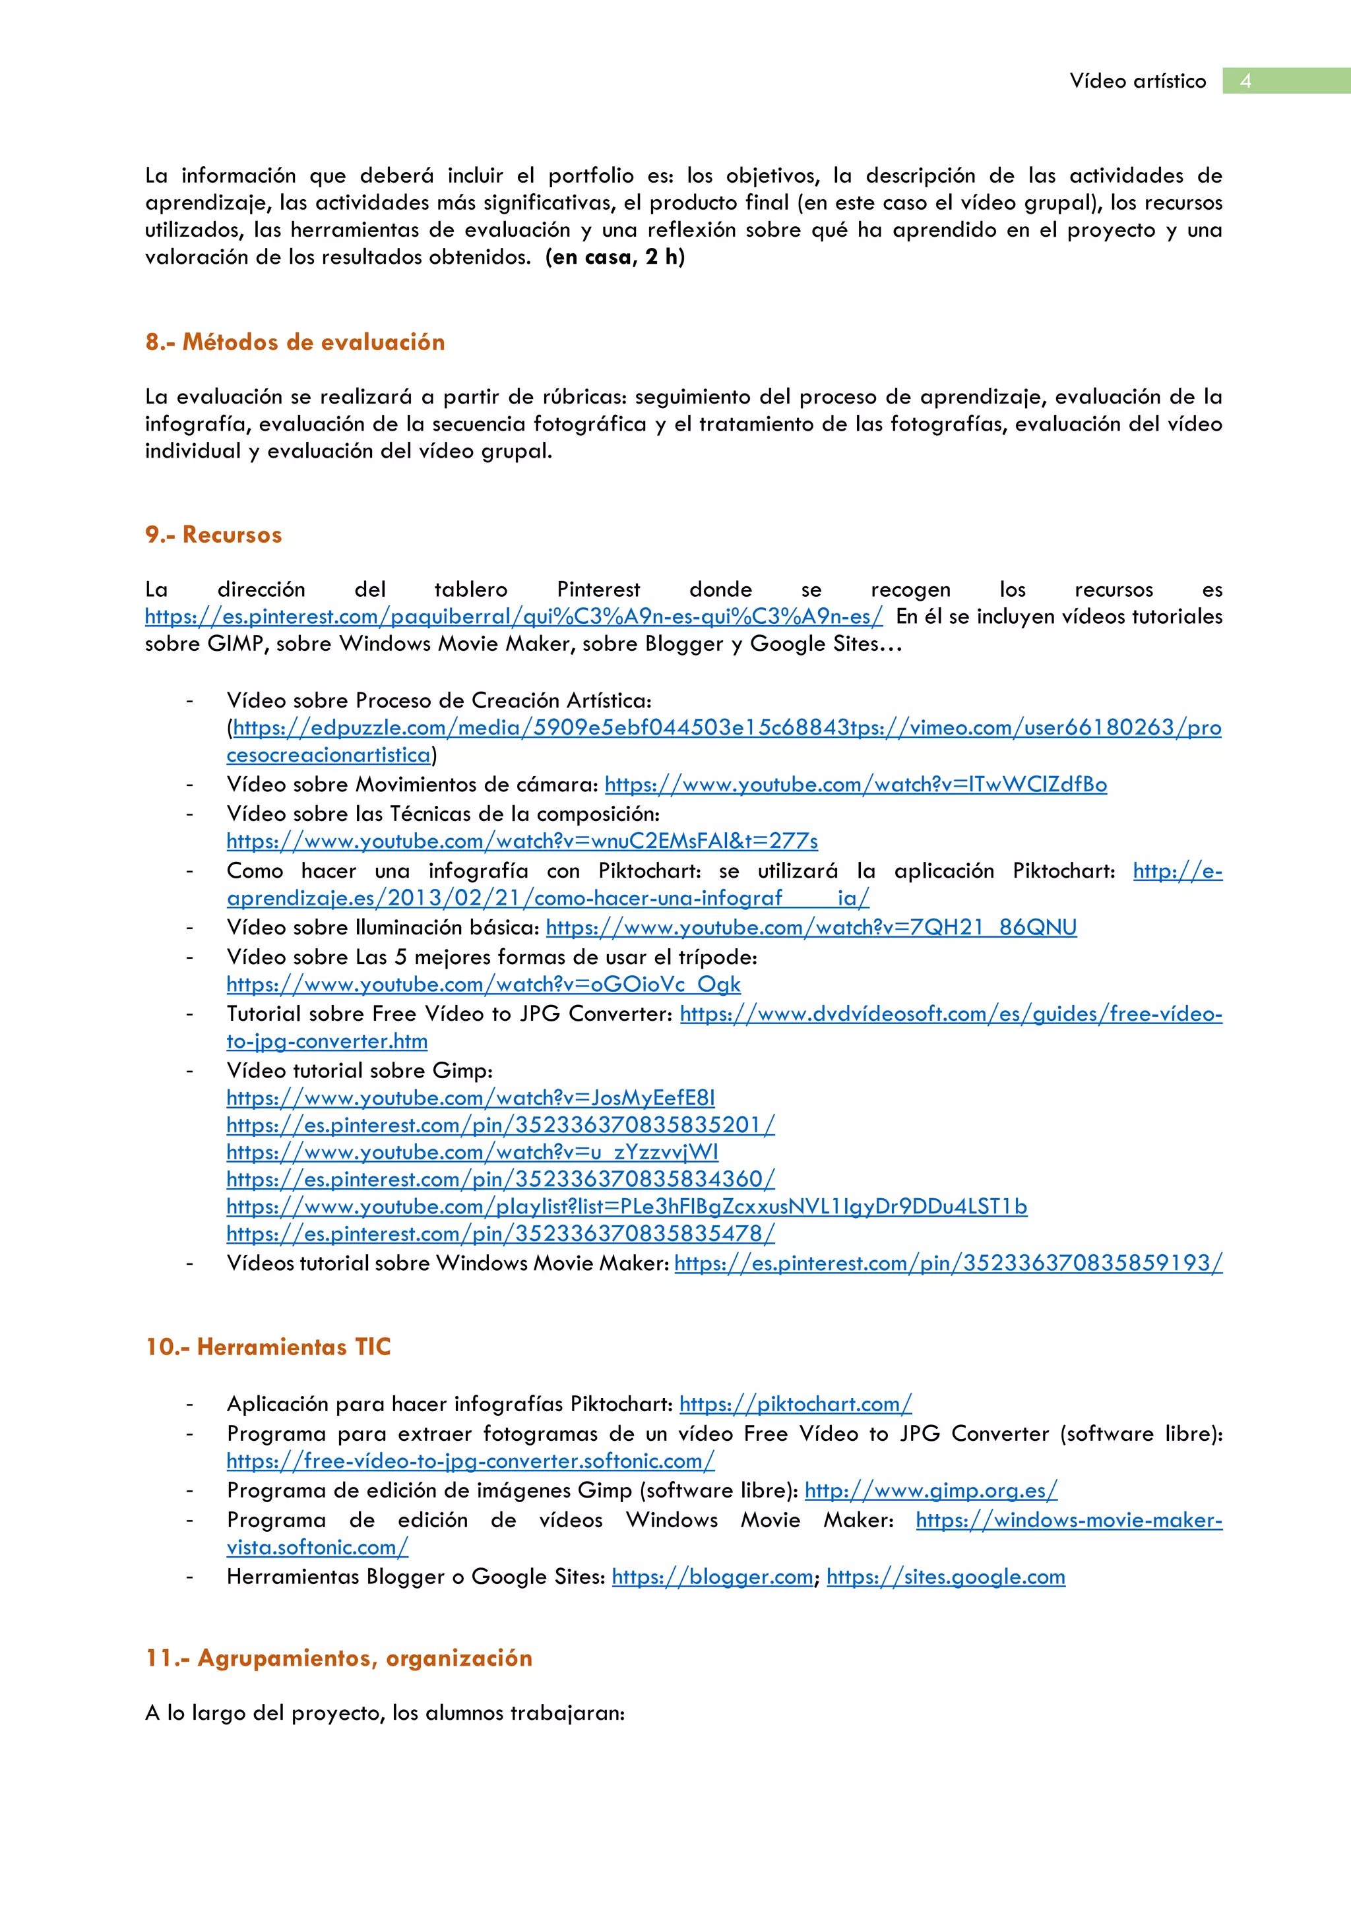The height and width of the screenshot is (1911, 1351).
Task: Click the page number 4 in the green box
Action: (1245, 80)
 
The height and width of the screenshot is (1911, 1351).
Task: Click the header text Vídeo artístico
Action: (1137, 80)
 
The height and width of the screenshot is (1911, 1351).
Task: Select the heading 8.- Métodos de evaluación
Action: (295, 342)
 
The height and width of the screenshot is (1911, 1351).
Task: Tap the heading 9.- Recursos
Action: (213, 534)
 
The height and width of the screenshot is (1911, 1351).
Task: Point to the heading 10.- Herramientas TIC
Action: (268, 1347)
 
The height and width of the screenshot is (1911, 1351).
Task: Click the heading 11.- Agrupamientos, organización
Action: (339, 1658)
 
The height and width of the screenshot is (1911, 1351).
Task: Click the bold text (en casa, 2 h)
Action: (615, 257)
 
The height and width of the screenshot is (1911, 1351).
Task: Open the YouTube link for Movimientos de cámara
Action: (855, 785)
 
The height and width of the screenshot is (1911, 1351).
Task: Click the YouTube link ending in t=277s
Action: (522, 841)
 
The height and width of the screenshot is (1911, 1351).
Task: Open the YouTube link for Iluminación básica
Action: (811, 927)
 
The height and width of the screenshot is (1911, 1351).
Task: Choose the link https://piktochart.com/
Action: (795, 1404)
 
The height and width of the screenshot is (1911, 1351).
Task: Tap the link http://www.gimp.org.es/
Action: (931, 1490)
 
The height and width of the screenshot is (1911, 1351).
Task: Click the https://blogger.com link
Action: (712, 1577)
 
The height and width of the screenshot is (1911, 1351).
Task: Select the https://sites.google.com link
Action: (945, 1577)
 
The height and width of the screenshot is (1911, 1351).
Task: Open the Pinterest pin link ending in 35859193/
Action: (948, 1263)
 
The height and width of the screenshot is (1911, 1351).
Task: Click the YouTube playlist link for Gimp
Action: (626, 1207)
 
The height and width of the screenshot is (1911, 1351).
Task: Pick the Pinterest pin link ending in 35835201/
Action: (500, 1125)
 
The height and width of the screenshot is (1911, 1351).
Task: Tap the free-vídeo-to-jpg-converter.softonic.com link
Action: (470, 1461)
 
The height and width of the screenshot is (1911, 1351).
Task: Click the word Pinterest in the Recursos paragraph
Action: (598, 590)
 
